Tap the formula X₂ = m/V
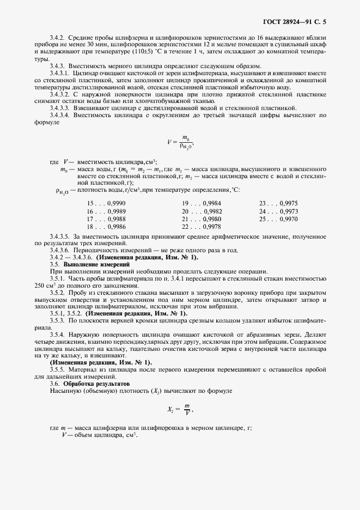pyautogui.click(x=180, y=409)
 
